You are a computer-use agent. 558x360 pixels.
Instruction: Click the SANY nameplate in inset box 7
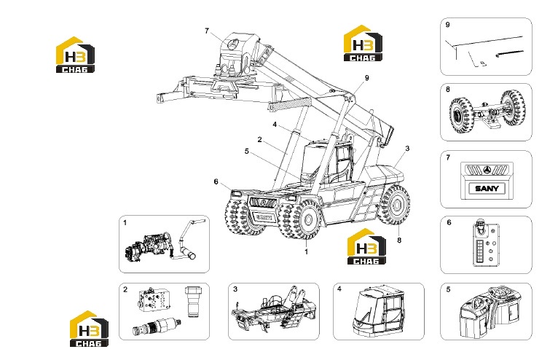coord(487,188)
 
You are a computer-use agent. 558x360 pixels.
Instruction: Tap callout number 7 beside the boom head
coord(207,31)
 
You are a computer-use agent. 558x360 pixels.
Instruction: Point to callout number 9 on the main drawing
coord(367,78)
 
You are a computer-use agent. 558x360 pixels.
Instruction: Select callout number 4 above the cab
coord(275,125)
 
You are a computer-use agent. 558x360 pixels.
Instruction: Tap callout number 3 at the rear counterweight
coord(407,149)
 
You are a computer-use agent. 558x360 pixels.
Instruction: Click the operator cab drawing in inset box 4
coord(379,310)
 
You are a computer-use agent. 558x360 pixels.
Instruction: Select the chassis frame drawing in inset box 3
coord(273,308)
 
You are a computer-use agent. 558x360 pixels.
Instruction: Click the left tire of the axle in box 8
coord(460,115)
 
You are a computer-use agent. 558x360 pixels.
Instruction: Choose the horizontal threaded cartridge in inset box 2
coord(157,326)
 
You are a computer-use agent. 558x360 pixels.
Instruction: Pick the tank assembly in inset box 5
coord(495,313)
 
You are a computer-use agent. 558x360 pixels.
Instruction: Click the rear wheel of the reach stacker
coord(394,206)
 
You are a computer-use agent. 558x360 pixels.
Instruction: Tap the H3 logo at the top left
coord(75,55)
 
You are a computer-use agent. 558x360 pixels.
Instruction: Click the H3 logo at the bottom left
coord(89,329)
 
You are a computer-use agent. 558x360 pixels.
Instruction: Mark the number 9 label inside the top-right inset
coord(448,25)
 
